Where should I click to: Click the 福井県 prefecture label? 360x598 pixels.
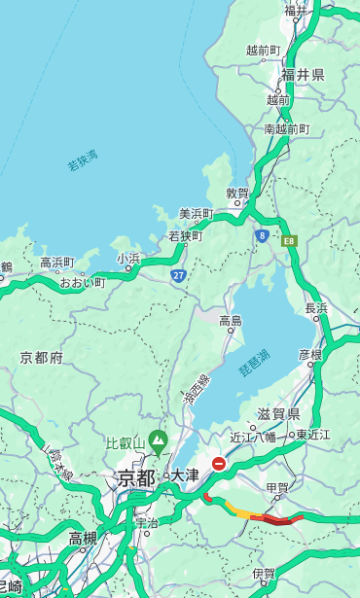pyautogui.click(x=304, y=75)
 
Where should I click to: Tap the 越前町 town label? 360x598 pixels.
pyautogui.click(x=263, y=50)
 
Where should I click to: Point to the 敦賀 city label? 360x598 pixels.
pyautogui.click(x=237, y=193)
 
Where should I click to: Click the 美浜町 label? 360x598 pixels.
pyautogui.click(x=197, y=213)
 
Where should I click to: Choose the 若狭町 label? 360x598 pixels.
pyautogui.click(x=185, y=235)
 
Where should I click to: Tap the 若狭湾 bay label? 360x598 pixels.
pyautogui.click(x=83, y=160)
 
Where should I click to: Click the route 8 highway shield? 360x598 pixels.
pyautogui.click(x=262, y=235)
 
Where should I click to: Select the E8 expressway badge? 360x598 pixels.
pyautogui.click(x=289, y=240)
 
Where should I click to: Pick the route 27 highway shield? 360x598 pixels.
pyautogui.click(x=179, y=276)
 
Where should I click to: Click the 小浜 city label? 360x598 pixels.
pyautogui.click(x=128, y=259)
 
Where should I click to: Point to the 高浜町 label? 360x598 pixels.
pyautogui.click(x=56, y=263)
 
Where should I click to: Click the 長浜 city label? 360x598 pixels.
pyautogui.click(x=316, y=308)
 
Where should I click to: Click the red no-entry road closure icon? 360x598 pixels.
pyautogui.click(x=219, y=464)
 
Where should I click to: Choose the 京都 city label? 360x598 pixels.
pyautogui.click(x=136, y=476)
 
